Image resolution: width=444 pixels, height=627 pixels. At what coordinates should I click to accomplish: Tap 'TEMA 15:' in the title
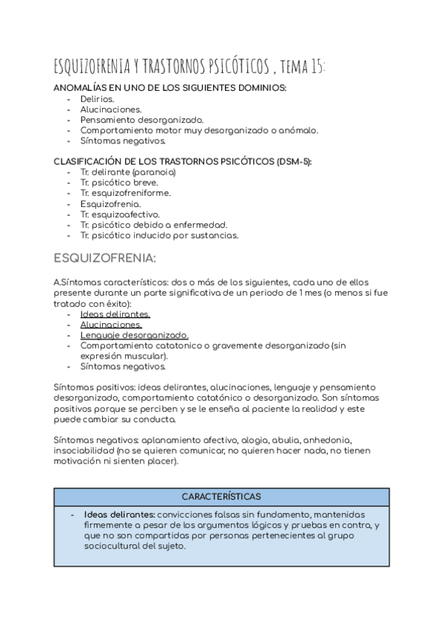click(x=303, y=68)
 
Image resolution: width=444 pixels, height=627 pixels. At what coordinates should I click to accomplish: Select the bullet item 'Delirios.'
click(x=97, y=98)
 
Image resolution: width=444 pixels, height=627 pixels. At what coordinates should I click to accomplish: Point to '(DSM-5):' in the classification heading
click(x=292, y=162)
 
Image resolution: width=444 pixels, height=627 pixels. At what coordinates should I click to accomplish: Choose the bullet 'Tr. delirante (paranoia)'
click(x=128, y=172)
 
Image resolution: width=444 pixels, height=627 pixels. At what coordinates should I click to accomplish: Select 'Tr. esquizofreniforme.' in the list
click(x=126, y=194)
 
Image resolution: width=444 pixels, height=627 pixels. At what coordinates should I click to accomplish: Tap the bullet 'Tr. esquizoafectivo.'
click(x=120, y=214)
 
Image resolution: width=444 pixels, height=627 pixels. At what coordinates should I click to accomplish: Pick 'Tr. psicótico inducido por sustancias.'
click(x=160, y=236)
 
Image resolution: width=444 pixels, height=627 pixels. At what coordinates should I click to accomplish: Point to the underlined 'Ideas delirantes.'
click(x=115, y=313)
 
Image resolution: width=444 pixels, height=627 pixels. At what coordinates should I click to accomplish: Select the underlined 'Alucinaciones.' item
click(x=111, y=324)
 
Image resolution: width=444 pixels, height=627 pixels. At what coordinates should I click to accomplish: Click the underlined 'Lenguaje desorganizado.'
click(x=135, y=335)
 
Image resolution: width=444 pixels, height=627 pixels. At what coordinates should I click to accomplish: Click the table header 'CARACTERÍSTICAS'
click(x=222, y=496)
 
